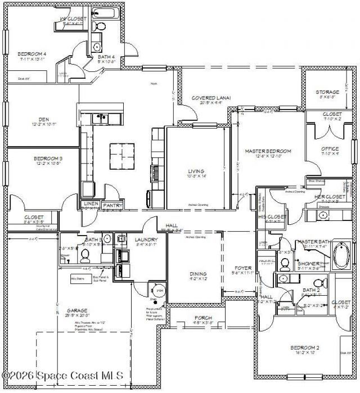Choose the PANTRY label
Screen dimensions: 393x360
click(x=112, y=205)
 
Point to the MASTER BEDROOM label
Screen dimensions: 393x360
click(x=268, y=151)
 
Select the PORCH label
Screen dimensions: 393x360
click(x=203, y=318)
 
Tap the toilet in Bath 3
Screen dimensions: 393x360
click(x=85, y=256)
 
